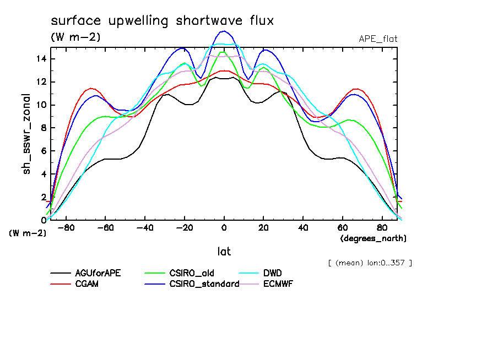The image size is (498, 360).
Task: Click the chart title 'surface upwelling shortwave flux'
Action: [162, 21]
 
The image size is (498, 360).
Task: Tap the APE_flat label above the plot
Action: [378, 39]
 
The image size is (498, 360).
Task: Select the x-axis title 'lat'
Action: [224, 252]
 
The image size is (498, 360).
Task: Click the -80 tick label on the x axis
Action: [66, 228]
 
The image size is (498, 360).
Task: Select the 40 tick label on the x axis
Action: [303, 228]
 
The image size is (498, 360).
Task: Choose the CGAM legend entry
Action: [86, 284]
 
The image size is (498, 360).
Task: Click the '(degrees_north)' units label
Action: [373, 238]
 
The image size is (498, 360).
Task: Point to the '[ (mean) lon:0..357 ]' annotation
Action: [370, 263]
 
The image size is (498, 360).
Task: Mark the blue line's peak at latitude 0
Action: [224, 31]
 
